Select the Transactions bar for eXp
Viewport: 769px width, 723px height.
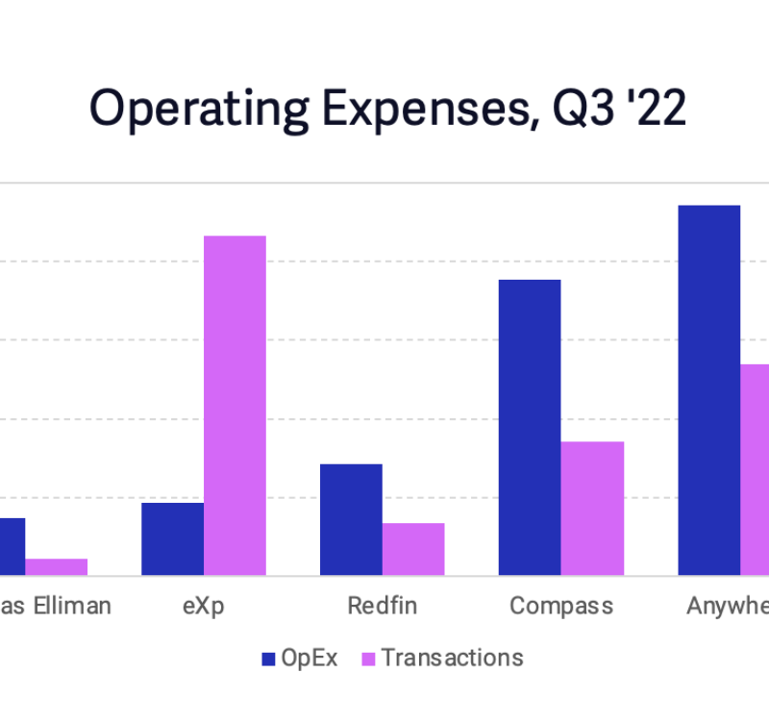click(235, 405)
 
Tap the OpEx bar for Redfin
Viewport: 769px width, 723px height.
click(351, 519)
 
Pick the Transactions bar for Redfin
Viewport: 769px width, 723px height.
click(413, 549)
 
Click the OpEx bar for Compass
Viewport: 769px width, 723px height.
click(530, 427)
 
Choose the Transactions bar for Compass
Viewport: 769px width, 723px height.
click(592, 508)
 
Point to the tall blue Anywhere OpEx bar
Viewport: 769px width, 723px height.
click(708, 389)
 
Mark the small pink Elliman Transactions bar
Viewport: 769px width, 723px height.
click(56, 566)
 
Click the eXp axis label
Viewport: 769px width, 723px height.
click(202, 606)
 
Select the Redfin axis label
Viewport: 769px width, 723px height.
click(382, 606)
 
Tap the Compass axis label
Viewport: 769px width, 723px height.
click(560, 606)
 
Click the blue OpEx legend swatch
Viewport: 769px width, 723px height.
click(268, 659)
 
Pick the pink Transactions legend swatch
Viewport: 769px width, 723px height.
click(368, 659)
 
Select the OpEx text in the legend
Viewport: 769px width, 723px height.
click(310, 658)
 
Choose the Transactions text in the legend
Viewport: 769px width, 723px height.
click(452, 658)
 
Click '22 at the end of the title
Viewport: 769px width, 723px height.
click(656, 109)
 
